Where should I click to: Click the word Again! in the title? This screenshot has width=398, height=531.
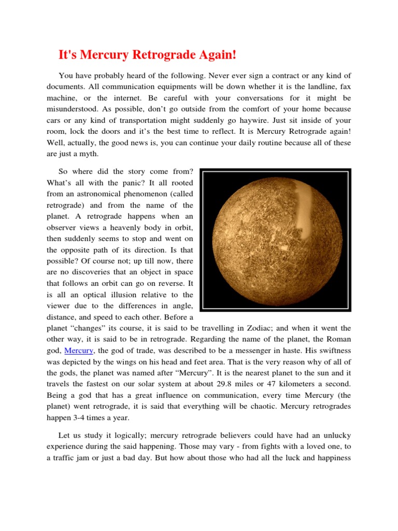209,55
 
